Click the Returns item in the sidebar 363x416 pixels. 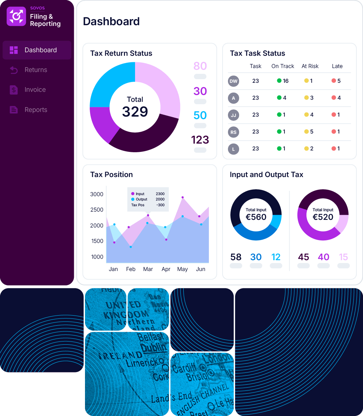(x=36, y=70)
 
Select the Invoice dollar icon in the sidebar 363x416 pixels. (x=14, y=90)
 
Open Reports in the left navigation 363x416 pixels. (x=36, y=110)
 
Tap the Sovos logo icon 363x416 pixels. (x=16, y=16)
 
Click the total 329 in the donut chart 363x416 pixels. (x=135, y=112)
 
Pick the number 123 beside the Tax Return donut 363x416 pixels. (x=200, y=140)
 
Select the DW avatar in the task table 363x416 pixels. (x=233, y=81)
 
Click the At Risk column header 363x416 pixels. (x=310, y=66)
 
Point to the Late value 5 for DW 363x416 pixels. (x=339, y=81)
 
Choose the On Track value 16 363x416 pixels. (x=286, y=81)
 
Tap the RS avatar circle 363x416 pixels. (x=233, y=132)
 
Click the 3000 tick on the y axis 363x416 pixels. (x=97, y=194)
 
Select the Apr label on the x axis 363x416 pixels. (x=166, y=269)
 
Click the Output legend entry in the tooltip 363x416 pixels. (x=142, y=199)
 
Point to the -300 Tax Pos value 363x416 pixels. (x=160, y=205)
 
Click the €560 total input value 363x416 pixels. (x=256, y=217)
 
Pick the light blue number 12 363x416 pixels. (x=276, y=257)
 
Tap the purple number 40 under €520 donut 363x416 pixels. (x=323, y=257)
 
